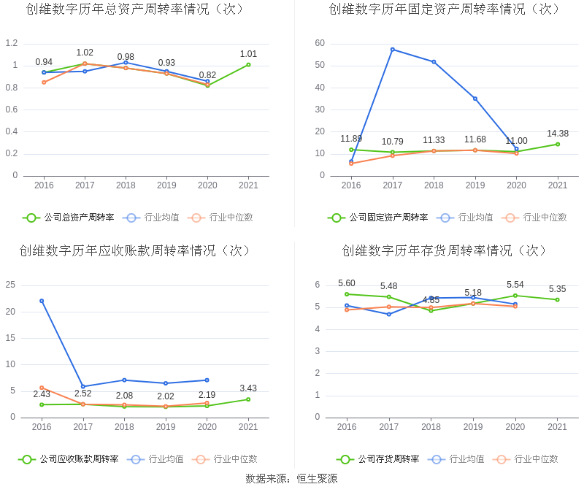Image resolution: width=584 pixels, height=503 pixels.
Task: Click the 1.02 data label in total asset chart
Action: [85, 53]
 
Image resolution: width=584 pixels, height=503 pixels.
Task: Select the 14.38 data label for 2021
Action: [558, 134]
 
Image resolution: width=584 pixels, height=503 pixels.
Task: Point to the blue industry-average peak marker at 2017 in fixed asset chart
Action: [393, 50]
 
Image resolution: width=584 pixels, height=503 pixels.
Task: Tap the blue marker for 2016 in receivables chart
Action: [42, 301]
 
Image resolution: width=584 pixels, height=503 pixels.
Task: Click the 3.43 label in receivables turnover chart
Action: [248, 388]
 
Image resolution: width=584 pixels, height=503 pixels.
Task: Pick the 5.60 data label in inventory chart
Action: [347, 283]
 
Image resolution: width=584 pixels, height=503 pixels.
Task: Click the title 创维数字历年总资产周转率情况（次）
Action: [135, 9]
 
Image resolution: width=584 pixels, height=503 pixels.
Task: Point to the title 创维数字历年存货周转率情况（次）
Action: [445, 250]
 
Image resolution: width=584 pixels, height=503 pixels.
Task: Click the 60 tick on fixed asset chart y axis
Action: [320, 43]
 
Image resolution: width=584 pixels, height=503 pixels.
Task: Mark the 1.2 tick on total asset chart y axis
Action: [11, 43]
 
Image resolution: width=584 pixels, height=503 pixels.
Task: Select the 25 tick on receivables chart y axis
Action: [11, 285]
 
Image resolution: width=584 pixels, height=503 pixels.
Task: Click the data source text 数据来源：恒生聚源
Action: [291, 479]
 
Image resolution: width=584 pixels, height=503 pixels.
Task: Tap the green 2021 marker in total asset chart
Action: [248, 65]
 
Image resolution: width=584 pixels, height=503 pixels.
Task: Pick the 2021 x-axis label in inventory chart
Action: [558, 427]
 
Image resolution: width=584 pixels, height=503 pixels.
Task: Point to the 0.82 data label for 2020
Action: [207, 75]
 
